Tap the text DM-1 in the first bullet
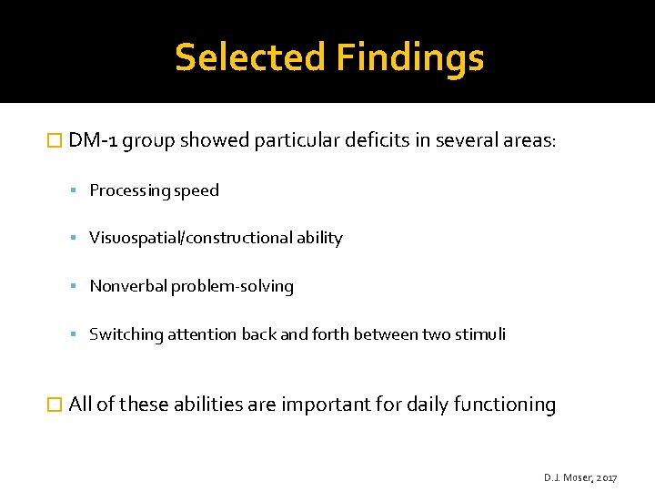click(x=93, y=140)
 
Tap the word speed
click(x=196, y=190)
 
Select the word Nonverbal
click(x=125, y=286)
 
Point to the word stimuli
click(x=482, y=334)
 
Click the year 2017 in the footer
click(x=606, y=477)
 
